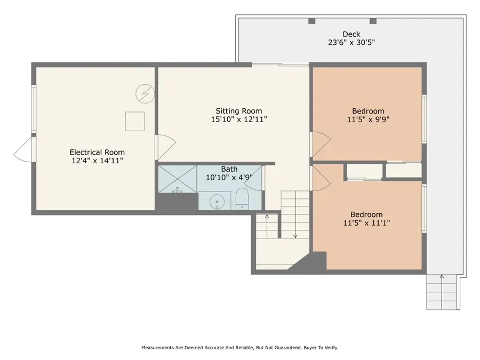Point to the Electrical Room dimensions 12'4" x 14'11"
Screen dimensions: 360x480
pos(100,161)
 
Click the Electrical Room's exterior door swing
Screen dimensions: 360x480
pos(22,149)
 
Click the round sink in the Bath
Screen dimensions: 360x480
pos(215,202)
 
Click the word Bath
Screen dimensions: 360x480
pos(229,169)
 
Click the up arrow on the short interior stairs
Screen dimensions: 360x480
pos(267,217)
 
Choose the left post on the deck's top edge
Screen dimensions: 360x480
pos(312,21)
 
